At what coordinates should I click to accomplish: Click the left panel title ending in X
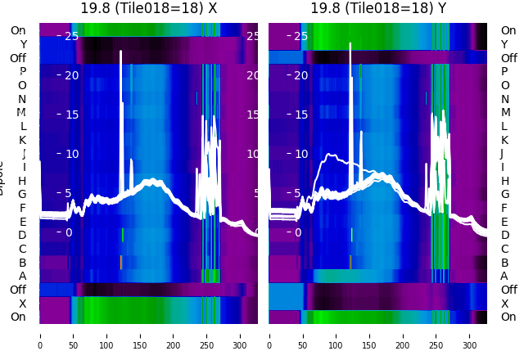tap(148, 8)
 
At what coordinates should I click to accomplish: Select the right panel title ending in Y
tap(377, 8)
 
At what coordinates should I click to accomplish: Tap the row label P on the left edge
tap(23, 71)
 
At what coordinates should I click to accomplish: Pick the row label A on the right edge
tap(504, 276)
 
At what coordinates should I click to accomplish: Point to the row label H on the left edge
tap(23, 181)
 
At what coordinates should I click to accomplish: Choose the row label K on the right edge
tap(504, 140)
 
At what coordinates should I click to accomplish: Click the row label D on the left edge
tap(23, 236)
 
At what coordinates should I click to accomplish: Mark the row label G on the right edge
tap(504, 194)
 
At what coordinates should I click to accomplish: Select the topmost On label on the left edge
tap(18, 30)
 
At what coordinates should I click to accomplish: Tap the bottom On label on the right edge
tap(508, 317)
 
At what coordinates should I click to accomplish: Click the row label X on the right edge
tap(504, 304)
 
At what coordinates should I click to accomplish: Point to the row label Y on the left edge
tap(23, 44)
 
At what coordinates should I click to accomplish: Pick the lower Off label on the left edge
tap(18, 290)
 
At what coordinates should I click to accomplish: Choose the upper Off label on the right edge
tap(508, 58)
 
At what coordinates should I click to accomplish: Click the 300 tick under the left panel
tap(241, 335)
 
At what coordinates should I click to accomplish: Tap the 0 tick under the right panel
tap(269, 335)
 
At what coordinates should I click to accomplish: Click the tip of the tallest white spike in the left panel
tap(121, 52)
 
